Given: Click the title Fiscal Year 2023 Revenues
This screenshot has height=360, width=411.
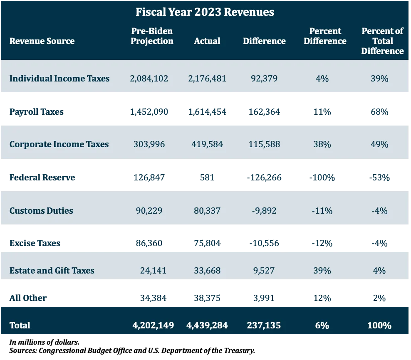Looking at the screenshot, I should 205,12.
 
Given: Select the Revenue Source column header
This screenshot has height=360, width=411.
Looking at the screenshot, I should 42,41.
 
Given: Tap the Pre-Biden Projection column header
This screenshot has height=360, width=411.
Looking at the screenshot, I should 152,36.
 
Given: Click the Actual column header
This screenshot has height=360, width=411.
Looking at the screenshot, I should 207,41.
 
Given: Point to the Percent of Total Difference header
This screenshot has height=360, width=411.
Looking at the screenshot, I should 382,41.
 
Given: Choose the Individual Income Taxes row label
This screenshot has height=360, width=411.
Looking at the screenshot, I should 59,79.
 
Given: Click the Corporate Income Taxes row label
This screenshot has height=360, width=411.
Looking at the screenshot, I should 59,144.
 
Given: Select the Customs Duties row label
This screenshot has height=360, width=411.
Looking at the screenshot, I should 41,211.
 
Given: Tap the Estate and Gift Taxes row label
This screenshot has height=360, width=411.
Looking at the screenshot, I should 52,271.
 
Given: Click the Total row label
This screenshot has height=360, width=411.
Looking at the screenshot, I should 20,325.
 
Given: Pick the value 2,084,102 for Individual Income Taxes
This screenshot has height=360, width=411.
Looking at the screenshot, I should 149,79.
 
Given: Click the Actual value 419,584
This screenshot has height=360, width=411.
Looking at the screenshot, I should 207,144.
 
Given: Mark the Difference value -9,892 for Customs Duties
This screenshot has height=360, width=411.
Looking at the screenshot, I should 264,211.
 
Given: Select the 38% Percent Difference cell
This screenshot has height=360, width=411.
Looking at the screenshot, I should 322,144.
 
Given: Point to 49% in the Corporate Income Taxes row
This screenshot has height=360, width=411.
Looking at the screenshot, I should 379,144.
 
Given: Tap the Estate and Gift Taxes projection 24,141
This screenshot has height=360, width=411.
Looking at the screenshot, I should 153,271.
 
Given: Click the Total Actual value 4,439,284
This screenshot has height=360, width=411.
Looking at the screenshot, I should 207,325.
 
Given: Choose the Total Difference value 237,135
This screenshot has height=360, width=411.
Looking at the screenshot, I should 264,325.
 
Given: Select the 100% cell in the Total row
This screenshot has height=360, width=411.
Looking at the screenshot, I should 379,325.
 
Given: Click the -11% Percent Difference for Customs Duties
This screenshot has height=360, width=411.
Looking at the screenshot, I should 322,211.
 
